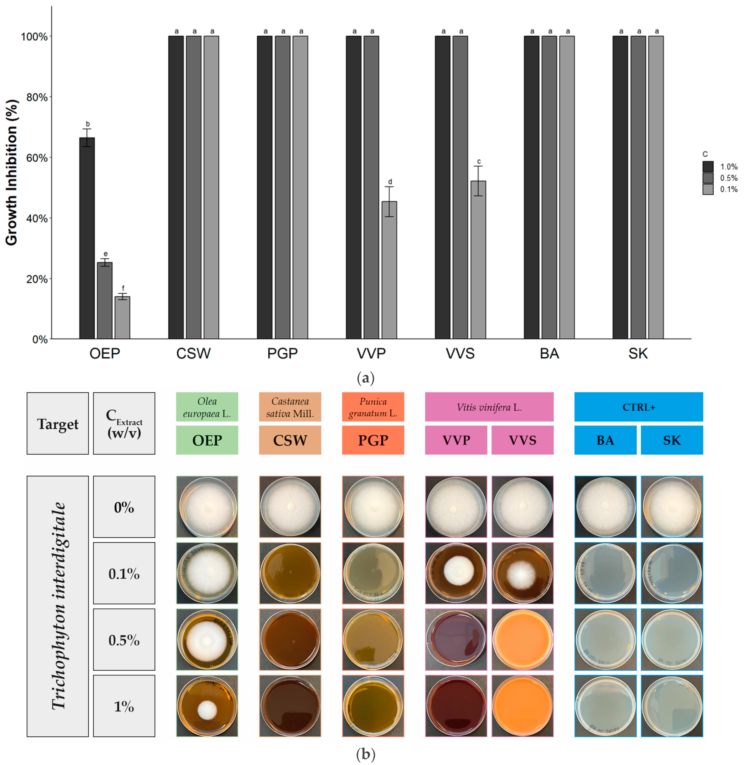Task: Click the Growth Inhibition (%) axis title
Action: coord(12,172)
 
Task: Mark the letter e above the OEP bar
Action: coord(105,254)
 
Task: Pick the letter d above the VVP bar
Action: coord(390,182)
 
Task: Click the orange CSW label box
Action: coord(290,440)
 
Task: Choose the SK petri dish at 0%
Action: coord(672,507)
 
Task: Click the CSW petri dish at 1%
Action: coord(290,706)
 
